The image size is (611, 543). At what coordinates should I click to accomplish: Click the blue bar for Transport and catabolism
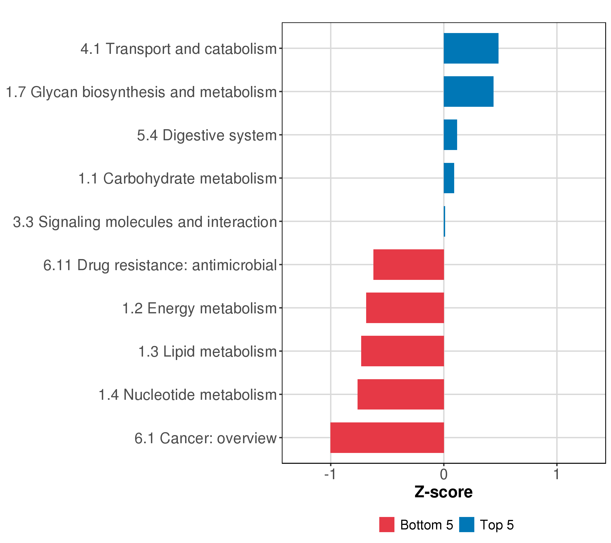click(x=471, y=48)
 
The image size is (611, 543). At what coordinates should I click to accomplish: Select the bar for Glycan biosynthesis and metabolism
click(x=468, y=91)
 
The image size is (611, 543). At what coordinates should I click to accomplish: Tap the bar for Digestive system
click(x=450, y=135)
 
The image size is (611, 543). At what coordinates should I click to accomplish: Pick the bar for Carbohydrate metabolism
click(x=449, y=178)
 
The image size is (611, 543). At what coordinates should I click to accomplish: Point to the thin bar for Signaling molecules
click(x=444, y=221)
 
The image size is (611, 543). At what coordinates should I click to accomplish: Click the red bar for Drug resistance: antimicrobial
click(x=409, y=264)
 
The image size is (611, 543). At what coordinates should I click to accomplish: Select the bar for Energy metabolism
click(x=405, y=308)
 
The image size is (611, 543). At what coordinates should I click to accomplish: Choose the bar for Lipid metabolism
click(x=402, y=351)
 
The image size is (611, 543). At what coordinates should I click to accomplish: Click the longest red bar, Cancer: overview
click(x=387, y=438)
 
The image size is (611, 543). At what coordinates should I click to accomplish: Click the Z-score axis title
click(x=444, y=492)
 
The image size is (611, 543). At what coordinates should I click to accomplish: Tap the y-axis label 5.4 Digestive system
click(x=207, y=135)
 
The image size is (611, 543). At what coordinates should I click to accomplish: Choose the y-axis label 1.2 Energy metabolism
click(x=200, y=308)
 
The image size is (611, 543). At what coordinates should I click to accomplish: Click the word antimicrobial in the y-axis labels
click(x=234, y=265)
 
